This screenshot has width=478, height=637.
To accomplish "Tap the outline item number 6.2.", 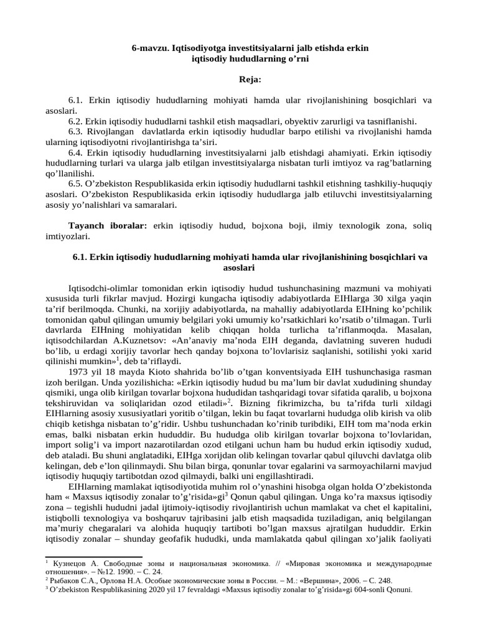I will tap(75, 121).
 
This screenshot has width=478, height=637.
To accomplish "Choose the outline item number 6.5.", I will tap(75, 184).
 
